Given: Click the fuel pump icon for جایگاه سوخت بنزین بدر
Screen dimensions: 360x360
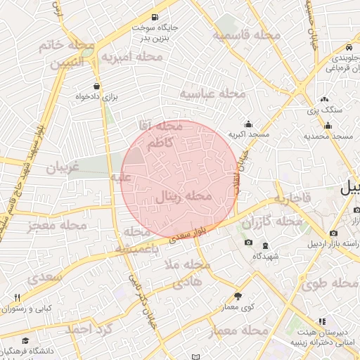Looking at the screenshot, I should (154, 17).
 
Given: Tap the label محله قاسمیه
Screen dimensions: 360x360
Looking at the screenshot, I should (247, 35).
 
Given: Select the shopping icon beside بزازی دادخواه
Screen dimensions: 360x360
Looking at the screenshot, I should (96, 86).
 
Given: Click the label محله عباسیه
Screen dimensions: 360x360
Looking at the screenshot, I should (212, 93).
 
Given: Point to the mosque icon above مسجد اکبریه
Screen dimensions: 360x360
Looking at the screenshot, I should (247, 124).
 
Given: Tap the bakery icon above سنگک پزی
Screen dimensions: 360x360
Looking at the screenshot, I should (324, 100).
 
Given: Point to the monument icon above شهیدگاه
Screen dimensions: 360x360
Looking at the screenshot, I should (265, 245).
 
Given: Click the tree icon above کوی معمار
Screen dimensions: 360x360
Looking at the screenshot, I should (238, 296).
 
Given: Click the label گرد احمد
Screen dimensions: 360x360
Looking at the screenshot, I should (89, 328).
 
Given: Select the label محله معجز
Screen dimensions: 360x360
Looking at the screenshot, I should (57, 226).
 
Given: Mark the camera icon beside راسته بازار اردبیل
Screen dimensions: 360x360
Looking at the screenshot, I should (333, 233).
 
